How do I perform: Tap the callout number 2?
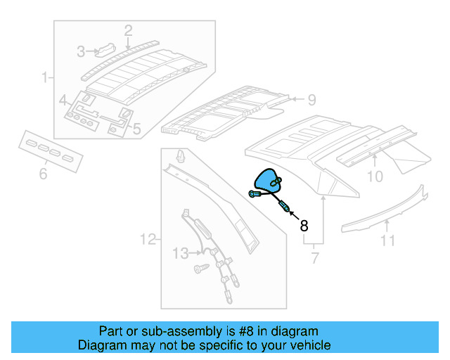(128, 30)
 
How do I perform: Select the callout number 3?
(82, 51)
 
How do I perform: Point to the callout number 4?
(63, 100)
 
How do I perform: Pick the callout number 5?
(136, 129)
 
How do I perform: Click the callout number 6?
(43, 173)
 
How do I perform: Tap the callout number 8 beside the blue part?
(304, 226)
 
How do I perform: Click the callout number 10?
(375, 176)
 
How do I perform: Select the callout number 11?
(388, 243)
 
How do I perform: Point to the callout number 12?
(147, 240)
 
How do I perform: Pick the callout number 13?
(181, 252)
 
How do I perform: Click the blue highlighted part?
(268, 181)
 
